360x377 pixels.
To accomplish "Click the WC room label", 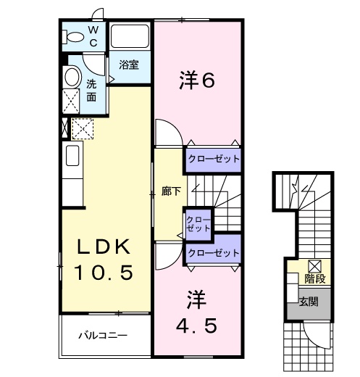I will pos(94,36).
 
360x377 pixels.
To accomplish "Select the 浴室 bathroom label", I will pos(130,65).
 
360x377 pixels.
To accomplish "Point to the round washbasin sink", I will pos(72,77).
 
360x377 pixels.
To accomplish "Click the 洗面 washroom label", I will pos(92,90).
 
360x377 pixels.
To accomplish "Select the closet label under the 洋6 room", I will pos(213,158).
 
